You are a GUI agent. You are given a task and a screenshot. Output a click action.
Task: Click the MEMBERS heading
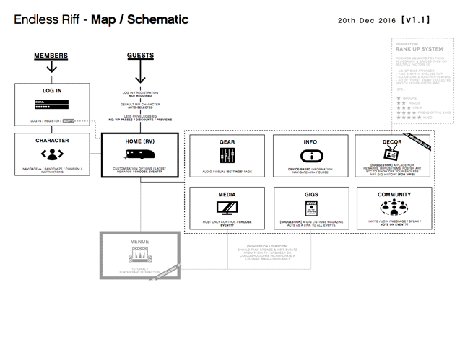point(51,56)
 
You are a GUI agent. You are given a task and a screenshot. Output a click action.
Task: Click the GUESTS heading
point(139,56)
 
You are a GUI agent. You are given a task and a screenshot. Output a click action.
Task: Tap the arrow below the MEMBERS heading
point(51,67)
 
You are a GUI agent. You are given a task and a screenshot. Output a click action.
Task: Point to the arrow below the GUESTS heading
point(140,71)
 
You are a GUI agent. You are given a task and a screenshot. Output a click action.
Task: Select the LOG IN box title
point(51,92)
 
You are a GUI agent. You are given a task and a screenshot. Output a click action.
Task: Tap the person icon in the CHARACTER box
point(51,154)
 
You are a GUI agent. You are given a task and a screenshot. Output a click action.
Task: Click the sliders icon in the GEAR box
point(227,154)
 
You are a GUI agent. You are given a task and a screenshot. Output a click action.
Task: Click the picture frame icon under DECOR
point(394,154)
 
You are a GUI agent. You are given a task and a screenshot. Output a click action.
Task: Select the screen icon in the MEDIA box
point(227,208)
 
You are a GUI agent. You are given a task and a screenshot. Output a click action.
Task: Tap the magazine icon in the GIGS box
point(311,208)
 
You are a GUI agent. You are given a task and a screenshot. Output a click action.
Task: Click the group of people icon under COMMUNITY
point(394,208)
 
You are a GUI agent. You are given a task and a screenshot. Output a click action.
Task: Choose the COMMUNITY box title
point(394,194)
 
